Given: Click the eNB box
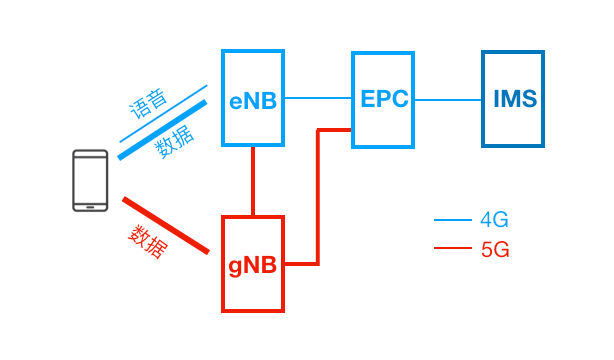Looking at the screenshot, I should [x=253, y=99].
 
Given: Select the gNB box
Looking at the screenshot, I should [x=253, y=264].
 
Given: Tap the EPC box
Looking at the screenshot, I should [x=383, y=99].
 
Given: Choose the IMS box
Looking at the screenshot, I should [x=514, y=99].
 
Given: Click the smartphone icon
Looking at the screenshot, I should [x=90, y=181].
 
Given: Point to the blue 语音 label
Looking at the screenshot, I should [x=149, y=104].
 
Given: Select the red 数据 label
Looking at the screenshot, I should [x=148, y=241].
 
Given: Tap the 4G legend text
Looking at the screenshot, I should [x=495, y=220].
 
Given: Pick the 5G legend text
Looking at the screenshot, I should [x=495, y=249].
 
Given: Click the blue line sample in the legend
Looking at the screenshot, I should [x=451, y=220].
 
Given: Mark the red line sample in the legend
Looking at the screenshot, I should [x=451, y=249].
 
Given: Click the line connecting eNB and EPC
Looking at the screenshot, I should [x=318, y=99].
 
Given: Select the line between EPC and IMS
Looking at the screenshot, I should [x=448, y=99].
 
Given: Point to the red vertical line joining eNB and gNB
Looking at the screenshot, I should [x=253, y=181].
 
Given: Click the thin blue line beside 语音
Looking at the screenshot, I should [x=163, y=113].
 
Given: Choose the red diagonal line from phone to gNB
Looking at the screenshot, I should [x=165, y=225].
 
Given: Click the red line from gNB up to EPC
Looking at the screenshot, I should [x=318, y=200].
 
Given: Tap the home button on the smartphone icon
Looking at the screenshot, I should [x=90, y=204].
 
